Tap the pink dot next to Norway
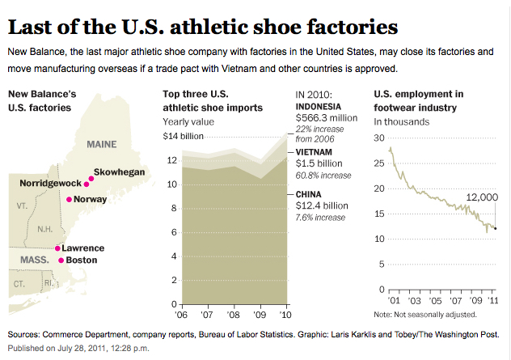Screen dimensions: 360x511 69,199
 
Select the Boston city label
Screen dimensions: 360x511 80,260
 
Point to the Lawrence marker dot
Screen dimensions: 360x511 57,248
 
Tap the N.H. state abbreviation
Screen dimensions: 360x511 45,228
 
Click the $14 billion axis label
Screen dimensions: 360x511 181,135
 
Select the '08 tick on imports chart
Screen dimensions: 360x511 234,314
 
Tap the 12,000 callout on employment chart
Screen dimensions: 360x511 481,197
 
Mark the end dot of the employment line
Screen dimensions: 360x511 495,229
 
